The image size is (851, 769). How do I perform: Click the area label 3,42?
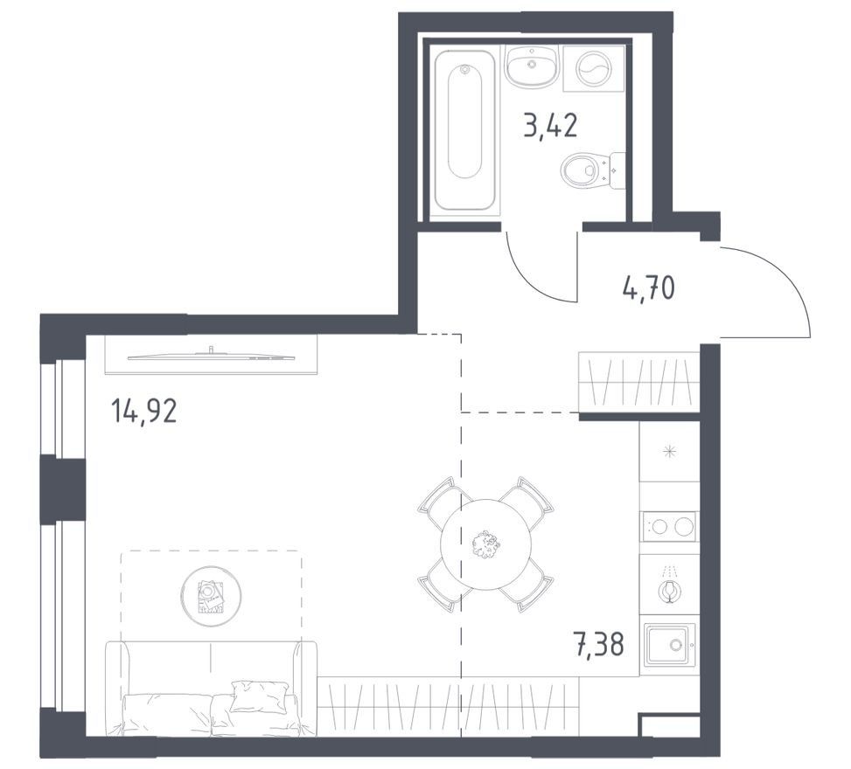pos(550,126)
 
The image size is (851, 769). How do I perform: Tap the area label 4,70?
pos(649,288)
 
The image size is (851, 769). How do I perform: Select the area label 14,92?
pos(143,411)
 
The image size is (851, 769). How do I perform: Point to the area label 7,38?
pos(598,644)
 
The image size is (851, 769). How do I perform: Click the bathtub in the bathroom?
pos(464,130)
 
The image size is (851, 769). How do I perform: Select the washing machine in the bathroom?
pos(594,68)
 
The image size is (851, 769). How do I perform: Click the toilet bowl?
pos(591,170)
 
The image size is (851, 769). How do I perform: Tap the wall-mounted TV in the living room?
pos(211,355)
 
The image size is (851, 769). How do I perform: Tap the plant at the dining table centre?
pos(485,544)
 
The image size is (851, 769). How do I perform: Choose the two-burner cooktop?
pos(669,526)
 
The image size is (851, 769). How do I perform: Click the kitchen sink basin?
pos(670,645)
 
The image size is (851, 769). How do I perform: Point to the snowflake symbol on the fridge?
pos(670,451)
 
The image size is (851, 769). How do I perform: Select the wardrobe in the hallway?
pos(638,382)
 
